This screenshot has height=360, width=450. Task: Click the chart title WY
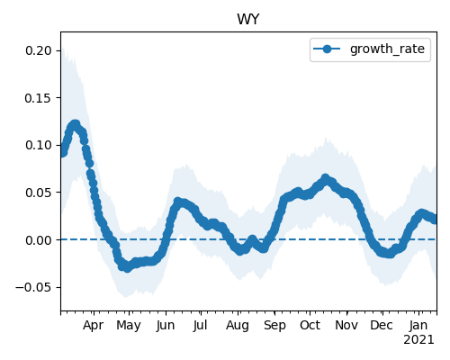[x=248, y=20]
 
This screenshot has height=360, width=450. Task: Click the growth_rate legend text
[x=387, y=49]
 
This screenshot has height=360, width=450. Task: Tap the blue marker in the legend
[x=327, y=49]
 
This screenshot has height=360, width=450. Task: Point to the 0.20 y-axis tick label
[x=39, y=50]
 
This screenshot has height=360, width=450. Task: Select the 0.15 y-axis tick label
[x=39, y=98]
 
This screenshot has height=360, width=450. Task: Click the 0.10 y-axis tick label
[x=39, y=145]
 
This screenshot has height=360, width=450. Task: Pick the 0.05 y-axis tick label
[x=39, y=193]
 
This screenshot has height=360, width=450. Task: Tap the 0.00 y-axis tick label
[x=39, y=240]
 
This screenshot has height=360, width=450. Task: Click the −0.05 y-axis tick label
[x=34, y=287]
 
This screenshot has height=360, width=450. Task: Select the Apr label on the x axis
[x=94, y=325]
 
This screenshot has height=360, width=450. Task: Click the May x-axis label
[x=129, y=326]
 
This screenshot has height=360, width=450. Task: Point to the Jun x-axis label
[x=166, y=325]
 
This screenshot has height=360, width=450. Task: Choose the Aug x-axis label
[x=238, y=326]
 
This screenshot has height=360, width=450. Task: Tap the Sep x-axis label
[x=274, y=326]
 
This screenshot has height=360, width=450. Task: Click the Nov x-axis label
[x=346, y=325]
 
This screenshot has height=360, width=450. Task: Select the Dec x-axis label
[x=382, y=325]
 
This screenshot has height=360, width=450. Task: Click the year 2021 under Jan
[x=418, y=340]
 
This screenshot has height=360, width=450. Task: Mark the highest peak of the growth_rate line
[x=75, y=124]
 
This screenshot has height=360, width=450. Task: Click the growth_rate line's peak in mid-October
[x=326, y=178]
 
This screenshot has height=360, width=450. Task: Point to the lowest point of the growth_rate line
[x=128, y=267]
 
